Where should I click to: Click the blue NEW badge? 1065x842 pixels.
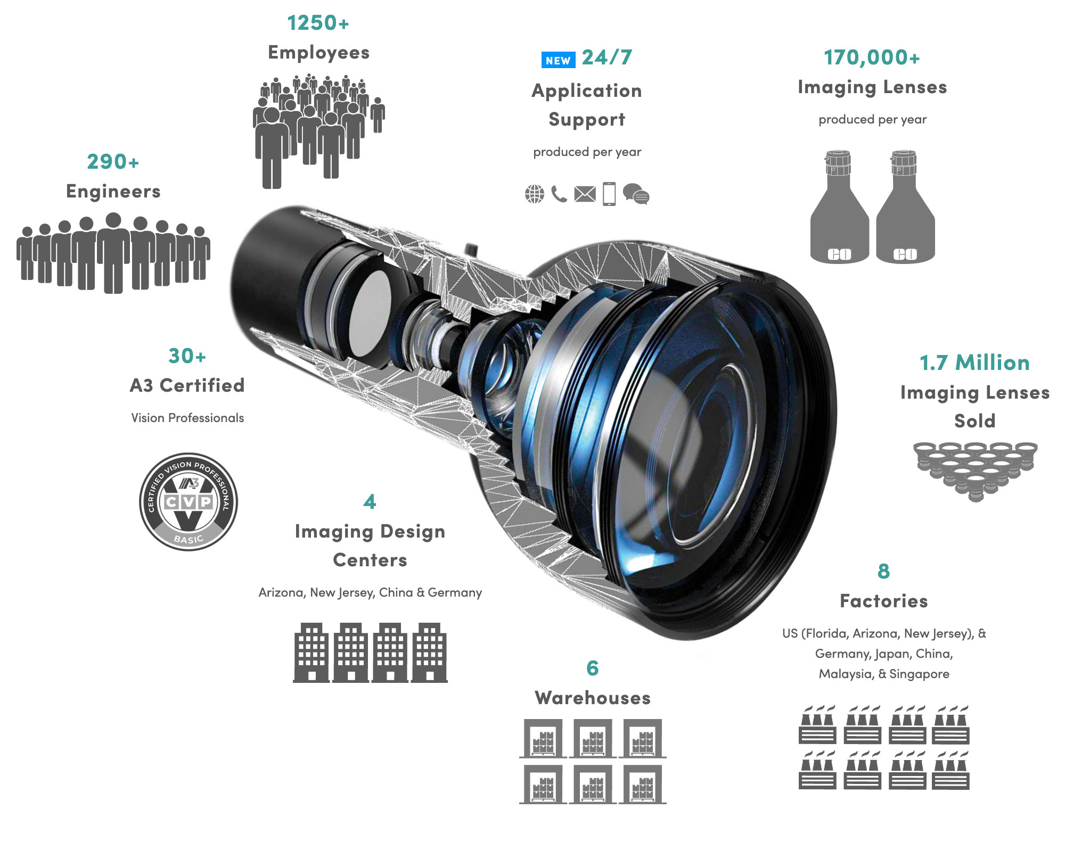tap(558, 60)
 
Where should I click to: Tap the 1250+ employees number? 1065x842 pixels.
tap(318, 23)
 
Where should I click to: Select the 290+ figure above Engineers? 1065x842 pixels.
tap(113, 162)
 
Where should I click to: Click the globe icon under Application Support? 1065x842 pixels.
tap(535, 194)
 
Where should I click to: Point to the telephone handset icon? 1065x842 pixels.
tap(559, 194)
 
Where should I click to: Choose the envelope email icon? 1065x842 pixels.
tap(585, 194)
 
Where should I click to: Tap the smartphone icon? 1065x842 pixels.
tap(609, 194)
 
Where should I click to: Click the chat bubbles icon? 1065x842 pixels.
tap(636, 194)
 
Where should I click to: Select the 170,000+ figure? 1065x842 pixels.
tap(872, 57)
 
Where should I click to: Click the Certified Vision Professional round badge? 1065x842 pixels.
tap(189, 502)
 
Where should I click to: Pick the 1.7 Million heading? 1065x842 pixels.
tap(974, 363)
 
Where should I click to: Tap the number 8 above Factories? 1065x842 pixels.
tap(883, 572)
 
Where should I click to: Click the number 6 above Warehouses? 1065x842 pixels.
tap(593, 668)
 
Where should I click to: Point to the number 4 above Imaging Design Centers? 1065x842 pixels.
tap(370, 502)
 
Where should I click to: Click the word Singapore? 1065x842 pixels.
tap(919, 674)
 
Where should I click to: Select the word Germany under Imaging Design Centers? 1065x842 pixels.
tap(455, 593)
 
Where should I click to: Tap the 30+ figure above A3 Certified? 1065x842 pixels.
tap(187, 356)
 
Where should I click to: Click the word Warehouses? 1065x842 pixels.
tap(593, 698)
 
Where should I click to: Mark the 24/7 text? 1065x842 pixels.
tap(607, 57)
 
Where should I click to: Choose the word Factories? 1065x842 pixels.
tap(883, 601)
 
